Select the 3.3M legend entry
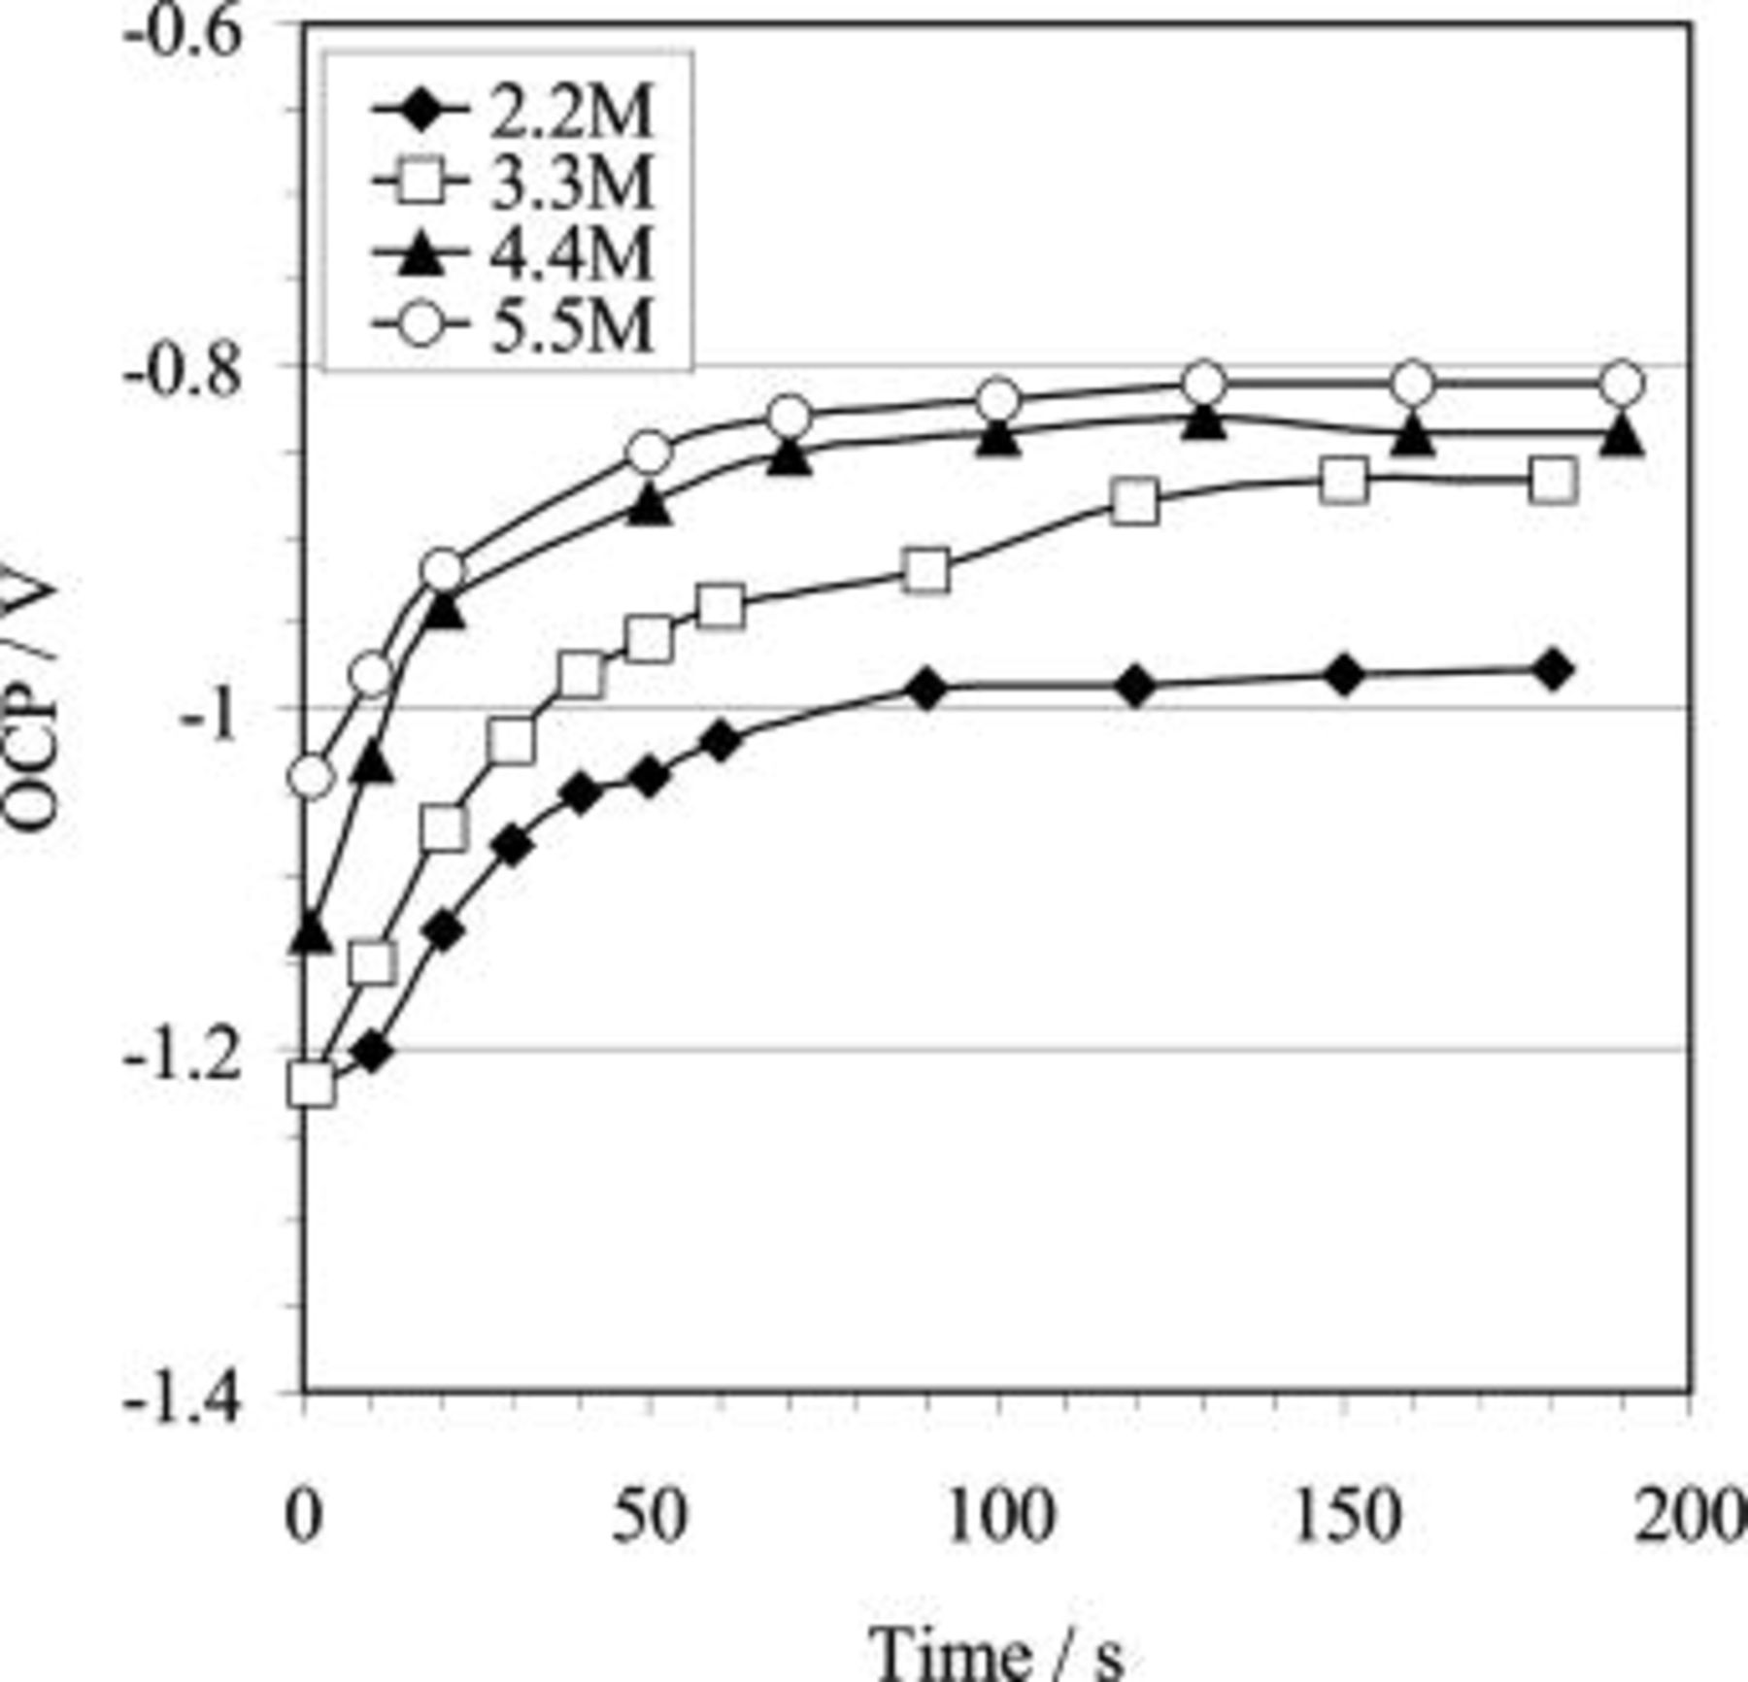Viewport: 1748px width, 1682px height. click(515, 182)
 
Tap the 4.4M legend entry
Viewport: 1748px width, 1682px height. click(515, 253)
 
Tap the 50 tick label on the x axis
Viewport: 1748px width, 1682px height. click(649, 1517)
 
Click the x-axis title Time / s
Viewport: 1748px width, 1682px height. click(997, 1651)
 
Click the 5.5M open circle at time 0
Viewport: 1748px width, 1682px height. click(311, 777)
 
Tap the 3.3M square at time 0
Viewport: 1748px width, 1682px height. click(311, 1084)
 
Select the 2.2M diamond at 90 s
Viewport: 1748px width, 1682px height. click(927, 690)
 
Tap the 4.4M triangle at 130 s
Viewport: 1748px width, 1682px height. click(1204, 421)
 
